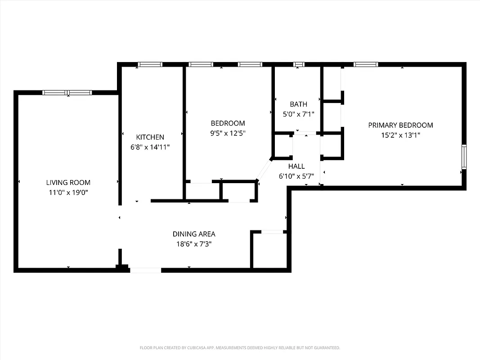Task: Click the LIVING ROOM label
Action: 68,182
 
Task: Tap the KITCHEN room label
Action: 150,137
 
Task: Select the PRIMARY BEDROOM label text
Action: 400,125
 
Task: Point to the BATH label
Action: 298,104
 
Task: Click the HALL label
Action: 296,166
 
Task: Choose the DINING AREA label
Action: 194,234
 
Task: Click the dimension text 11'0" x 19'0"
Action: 68,192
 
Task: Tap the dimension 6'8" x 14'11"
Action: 150,147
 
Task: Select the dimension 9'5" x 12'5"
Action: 228,133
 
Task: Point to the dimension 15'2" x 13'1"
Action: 400,135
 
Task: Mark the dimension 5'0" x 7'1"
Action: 298,114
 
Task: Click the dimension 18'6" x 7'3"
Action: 194,244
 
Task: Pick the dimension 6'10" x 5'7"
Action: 296,176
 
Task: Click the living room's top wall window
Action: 67,93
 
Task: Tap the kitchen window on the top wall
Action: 150,64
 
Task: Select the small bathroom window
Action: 299,64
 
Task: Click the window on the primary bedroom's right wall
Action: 464,157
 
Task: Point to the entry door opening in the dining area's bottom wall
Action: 145,270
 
